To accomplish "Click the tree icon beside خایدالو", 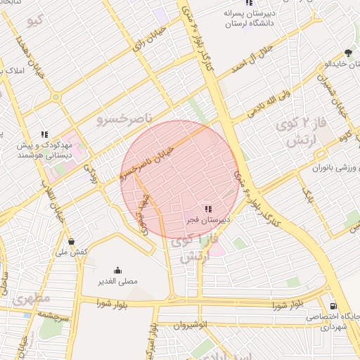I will tap(348, 53).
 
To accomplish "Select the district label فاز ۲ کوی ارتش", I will tap(308, 132).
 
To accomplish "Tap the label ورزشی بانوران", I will tap(330, 169).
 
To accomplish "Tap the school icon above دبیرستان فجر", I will tap(207, 209).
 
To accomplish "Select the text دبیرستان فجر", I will tap(207, 221).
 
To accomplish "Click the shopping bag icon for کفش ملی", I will tap(71, 241).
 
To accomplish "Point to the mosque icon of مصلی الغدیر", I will tap(117, 270).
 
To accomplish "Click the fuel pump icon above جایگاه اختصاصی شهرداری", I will tap(332, 306).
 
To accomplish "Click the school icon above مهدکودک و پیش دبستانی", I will tap(44, 134).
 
